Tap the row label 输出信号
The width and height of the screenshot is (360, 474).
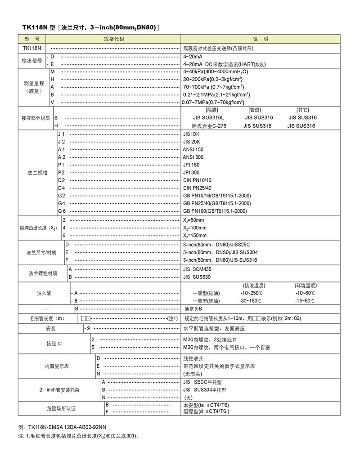tap(32, 60)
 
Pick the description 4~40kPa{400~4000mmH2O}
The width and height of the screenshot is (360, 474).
tap(216, 72)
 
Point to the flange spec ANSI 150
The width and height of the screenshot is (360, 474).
tap(193, 149)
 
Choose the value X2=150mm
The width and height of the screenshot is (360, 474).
tap(195, 235)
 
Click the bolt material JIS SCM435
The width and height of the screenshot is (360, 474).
tap(197, 269)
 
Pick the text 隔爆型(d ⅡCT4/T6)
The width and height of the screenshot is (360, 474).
tap(206, 411)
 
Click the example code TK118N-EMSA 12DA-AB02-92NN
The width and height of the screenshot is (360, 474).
tap(68, 426)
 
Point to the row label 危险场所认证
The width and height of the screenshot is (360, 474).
tap(61, 408)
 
